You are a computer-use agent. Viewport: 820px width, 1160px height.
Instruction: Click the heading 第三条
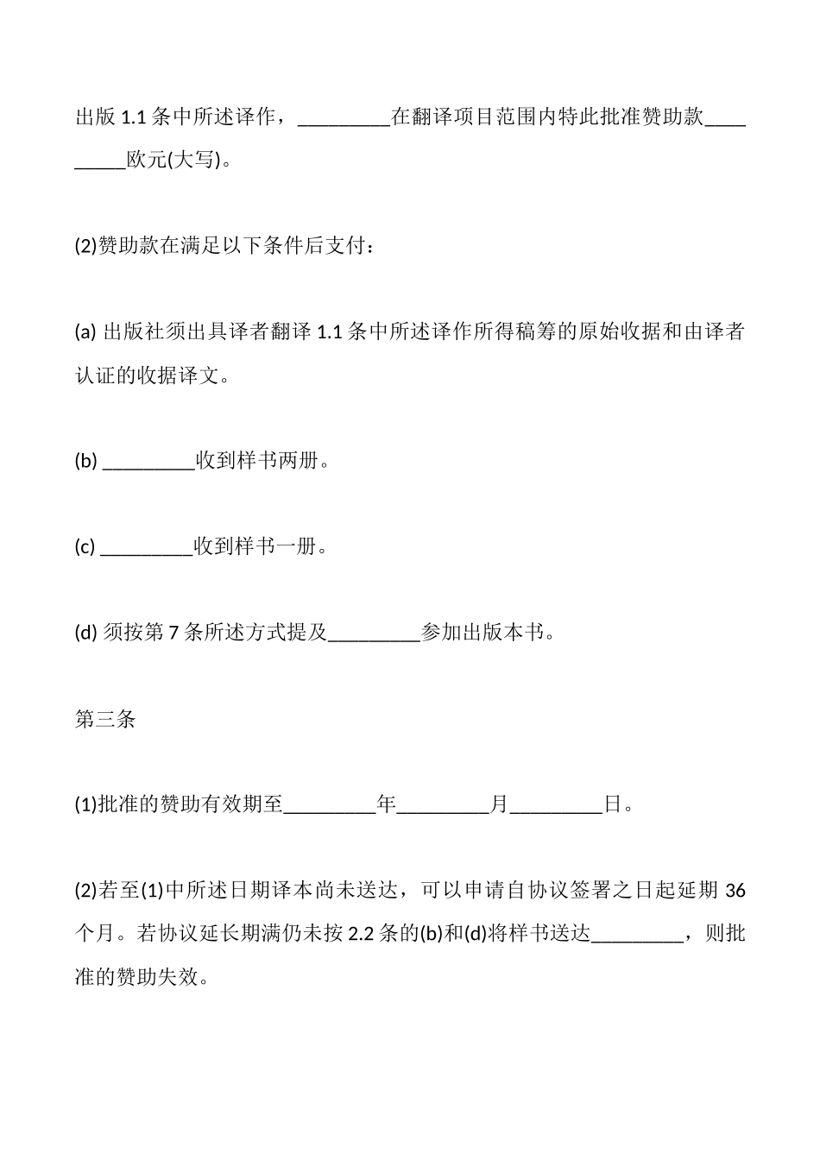tap(105, 720)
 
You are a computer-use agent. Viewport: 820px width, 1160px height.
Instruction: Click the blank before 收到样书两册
tap(148, 462)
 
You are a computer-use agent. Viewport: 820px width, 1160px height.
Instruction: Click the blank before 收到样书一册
tap(147, 548)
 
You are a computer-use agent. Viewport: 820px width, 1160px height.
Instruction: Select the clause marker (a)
tap(85, 332)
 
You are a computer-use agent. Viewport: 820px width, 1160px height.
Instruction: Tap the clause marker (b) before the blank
tap(86, 462)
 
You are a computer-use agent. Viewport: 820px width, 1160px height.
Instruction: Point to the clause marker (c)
tap(85, 548)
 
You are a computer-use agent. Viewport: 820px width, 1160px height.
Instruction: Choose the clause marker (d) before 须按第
tap(86, 634)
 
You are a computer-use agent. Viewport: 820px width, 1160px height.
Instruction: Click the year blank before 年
tap(330, 806)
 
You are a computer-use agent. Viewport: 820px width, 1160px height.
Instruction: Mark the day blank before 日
tap(556, 806)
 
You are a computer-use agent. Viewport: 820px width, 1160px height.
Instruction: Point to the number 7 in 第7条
tap(173, 634)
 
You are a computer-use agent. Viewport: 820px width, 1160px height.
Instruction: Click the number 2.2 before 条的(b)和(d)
tap(359, 935)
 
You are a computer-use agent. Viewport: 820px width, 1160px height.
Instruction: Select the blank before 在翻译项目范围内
tap(344, 117)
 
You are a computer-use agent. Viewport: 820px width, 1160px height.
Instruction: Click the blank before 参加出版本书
tap(374, 634)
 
